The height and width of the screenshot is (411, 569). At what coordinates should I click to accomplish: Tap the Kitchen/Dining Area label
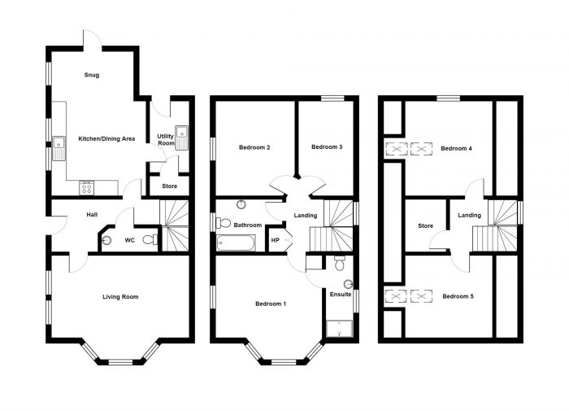pyautogui.click(x=105, y=139)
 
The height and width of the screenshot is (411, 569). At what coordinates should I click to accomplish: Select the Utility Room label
pyautogui.click(x=166, y=139)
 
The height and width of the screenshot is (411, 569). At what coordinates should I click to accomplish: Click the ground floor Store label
pyautogui.click(x=169, y=186)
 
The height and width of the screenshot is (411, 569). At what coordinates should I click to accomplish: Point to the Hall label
pyautogui.click(x=92, y=215)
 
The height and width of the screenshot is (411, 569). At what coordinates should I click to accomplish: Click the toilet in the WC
pyautogui.click(x=150, y=239)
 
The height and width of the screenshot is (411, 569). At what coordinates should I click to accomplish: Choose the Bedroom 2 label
pyautogui.click(x=254, y=148)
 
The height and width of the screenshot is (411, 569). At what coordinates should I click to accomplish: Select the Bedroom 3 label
pyautogui.click(x=327, y=147)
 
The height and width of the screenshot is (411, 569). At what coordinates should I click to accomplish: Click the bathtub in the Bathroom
pyautogui.click(x=236, y=242)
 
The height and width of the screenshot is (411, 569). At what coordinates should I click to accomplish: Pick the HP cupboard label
pyautogui.click(x=275, y=240)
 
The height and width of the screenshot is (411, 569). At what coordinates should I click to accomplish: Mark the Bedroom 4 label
pyautogui.click(x=456, y=149)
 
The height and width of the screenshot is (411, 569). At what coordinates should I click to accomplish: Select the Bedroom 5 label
pyautogui.click(x=457, y=296)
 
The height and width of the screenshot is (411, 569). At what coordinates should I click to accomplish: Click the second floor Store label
pyautogui.click(x=425, y=225)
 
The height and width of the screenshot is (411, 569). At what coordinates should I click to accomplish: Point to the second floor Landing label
pyautogui.click(x=469, y=215)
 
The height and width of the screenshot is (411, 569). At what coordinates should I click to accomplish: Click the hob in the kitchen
pyautogui.click(x=86, y=187)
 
